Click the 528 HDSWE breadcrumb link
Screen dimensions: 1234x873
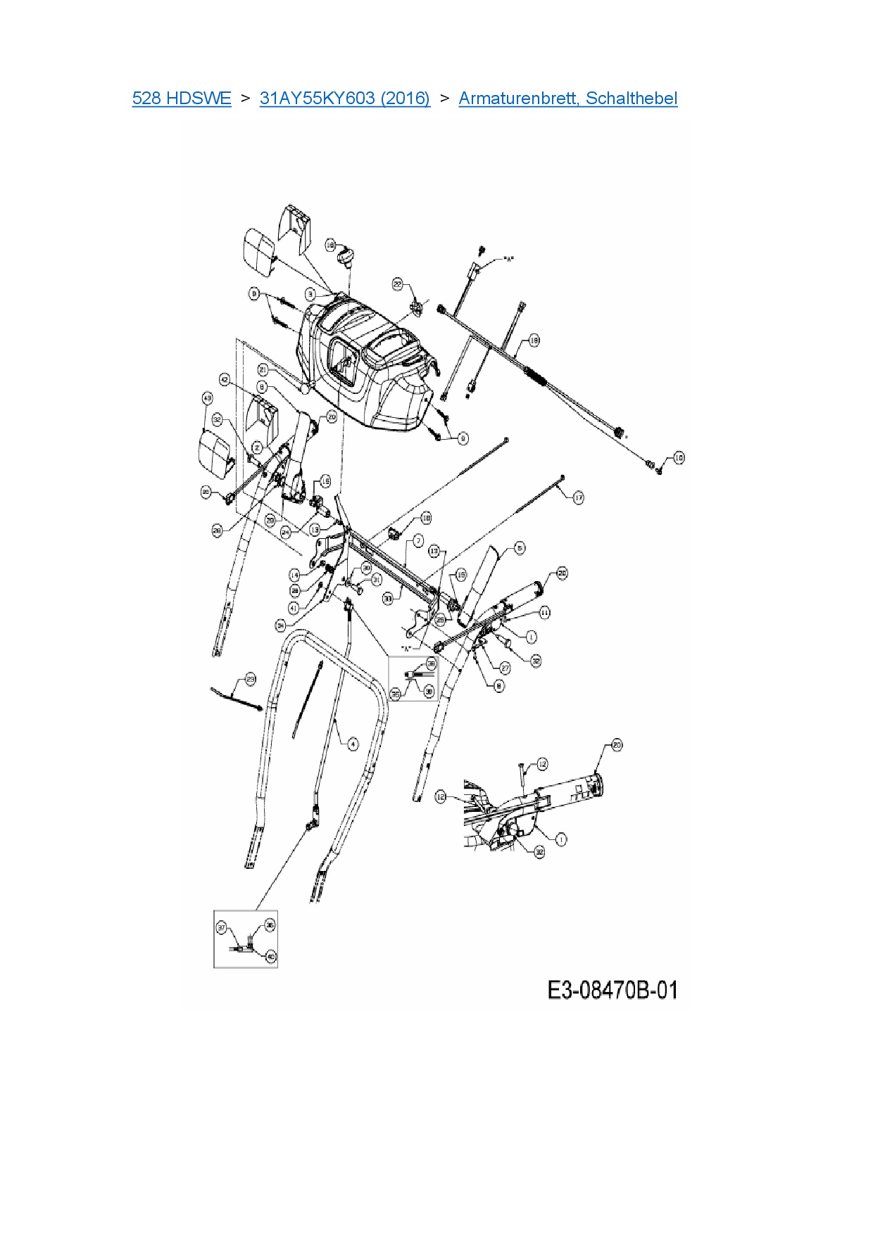pos(181,98)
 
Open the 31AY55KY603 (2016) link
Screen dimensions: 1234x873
pos(344,98)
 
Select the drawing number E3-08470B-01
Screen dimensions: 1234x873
pos(613,990)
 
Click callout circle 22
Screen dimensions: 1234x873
pos(397,284)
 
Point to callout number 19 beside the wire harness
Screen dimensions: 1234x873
pos(534,341)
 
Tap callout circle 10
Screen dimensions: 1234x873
pos(679,457)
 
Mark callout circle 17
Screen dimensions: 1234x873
pos(578,497)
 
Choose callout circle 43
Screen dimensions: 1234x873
pos(207,398)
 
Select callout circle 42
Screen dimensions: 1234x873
pos(225,379)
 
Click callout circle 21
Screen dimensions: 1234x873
pos(263,369)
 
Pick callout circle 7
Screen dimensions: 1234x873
pos(418,540)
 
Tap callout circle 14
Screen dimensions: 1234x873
pos(294,575)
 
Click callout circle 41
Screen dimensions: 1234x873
pos(294,607)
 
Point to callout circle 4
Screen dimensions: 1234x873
pos(353,744)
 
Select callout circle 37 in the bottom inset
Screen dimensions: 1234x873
pos(222,929)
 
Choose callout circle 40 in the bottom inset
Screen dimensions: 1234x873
pos(271,956)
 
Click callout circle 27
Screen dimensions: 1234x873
pos(505,668)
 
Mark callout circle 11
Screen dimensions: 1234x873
pos(546,613)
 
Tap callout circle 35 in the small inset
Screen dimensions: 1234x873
pos(396,695)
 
